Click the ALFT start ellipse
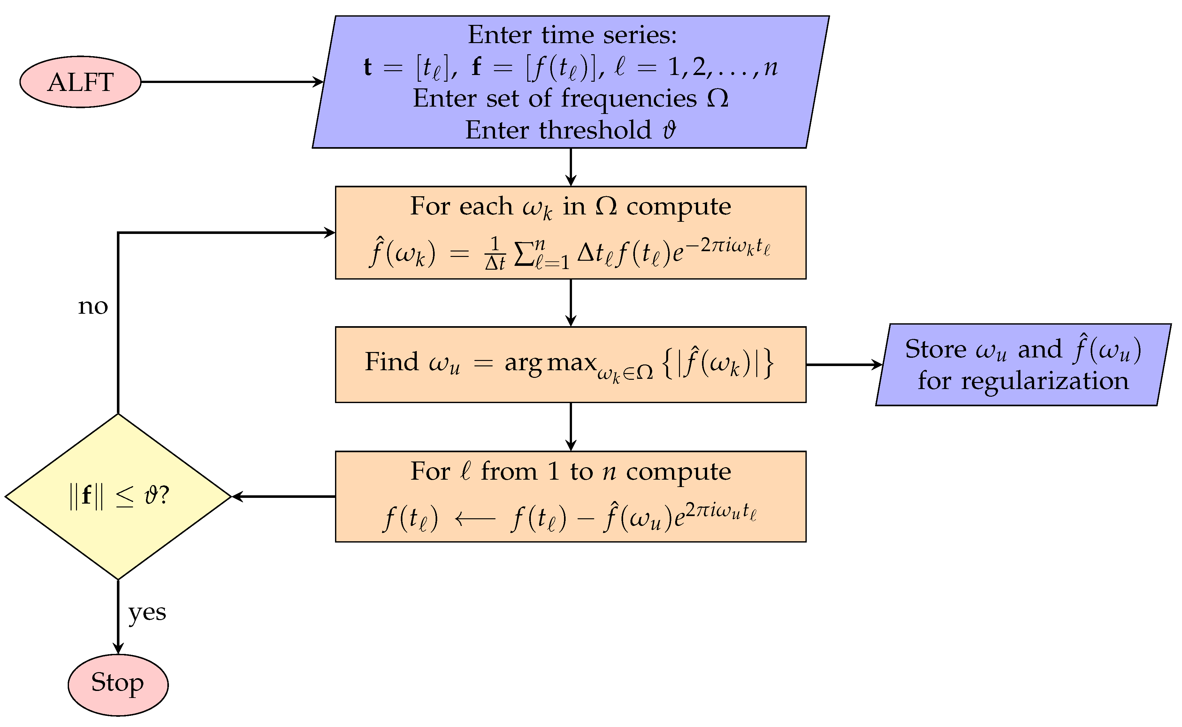pos(80,82)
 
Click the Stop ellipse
pos(118,684)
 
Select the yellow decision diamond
pos(118,496)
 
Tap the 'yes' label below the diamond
pos(147,612)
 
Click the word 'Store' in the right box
pos(935,349)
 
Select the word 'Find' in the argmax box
pos(391,362)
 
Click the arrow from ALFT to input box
pos(231,82)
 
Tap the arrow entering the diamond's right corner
pos(284,496)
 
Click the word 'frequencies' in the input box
pos(629,99)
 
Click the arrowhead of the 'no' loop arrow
pos(330,233)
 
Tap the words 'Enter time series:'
pos(572,35)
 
